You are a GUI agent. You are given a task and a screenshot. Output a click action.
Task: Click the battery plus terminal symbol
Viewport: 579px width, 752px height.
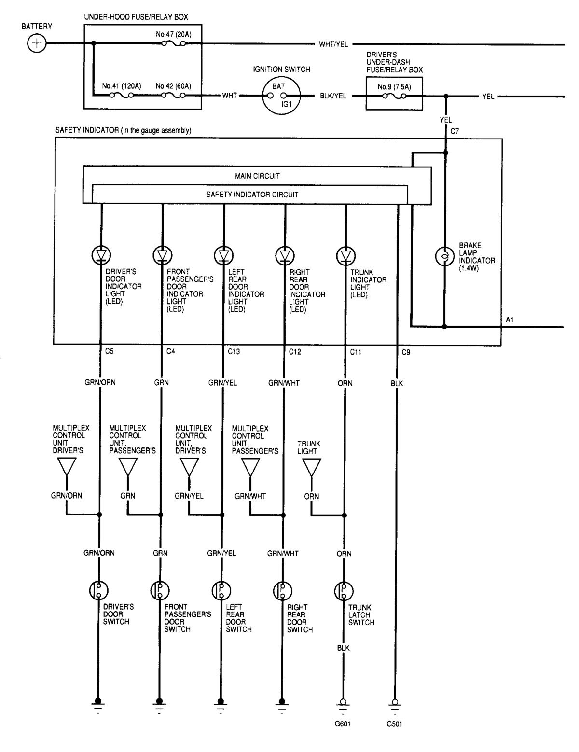(36, 44)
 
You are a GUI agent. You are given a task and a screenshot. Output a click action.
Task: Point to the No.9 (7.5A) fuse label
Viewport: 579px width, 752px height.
(394, 87)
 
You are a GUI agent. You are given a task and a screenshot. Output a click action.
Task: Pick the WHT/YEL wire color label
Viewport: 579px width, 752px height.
(333, 44)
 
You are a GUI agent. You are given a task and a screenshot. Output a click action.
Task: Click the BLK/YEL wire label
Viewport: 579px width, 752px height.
(333, 96)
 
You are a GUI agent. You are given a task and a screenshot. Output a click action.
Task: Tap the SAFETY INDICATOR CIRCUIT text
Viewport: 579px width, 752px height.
(252, 195)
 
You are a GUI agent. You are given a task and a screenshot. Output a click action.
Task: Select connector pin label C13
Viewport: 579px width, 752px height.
(234, 352)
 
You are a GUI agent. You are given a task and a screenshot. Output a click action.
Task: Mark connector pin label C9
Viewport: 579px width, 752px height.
(406, 352)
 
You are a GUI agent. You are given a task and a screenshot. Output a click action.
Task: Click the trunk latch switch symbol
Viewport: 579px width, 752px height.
(343, 590)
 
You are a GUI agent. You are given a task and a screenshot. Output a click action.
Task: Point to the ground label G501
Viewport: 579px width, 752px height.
(394, 724)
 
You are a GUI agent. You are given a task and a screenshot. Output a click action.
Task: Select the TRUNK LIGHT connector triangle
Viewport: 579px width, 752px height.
(312, 467)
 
